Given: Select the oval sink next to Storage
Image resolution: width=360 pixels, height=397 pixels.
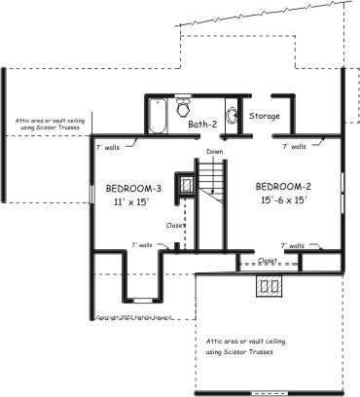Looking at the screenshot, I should click(232, 118).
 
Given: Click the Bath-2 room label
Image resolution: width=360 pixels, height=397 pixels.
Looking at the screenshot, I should click(202, 125).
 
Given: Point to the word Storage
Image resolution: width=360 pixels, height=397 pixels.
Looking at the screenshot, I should click(265, 117).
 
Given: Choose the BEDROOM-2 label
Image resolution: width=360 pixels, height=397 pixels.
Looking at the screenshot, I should click(283, 186).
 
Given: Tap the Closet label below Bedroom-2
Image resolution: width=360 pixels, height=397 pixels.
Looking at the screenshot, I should click(267, 261).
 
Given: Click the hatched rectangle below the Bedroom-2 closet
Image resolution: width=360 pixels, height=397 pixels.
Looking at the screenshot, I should click(269, 285).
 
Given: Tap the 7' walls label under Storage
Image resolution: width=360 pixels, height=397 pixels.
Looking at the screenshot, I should click(293, 147).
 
